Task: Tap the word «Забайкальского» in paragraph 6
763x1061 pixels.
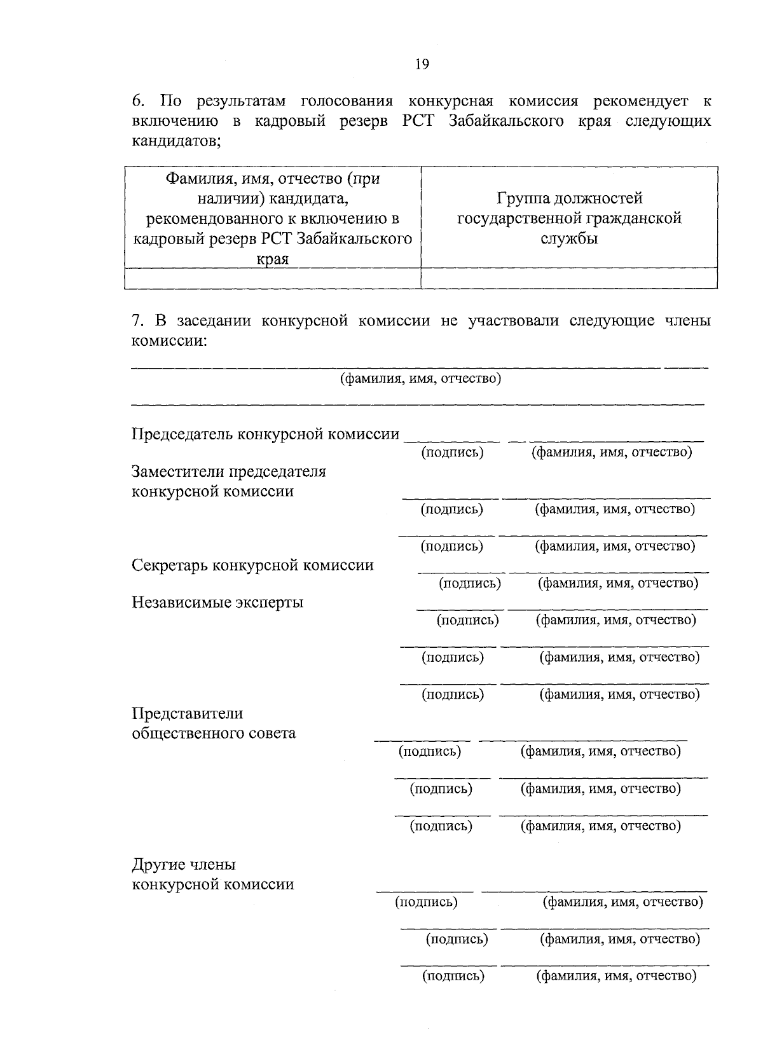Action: coord(506,121)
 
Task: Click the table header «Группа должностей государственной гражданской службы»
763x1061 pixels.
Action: coord(569,219)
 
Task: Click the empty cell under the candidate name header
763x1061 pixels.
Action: coord(272,278)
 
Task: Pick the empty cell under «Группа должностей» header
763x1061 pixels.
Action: coord(569,278)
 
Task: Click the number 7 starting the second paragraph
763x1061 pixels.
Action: coord(136,320)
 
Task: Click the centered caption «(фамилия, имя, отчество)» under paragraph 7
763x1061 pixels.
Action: coord(420,379)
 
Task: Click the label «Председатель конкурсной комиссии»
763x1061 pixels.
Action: coord(265,434)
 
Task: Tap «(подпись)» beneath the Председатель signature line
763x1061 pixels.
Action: coord(452,453)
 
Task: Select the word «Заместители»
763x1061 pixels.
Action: coord(176,472)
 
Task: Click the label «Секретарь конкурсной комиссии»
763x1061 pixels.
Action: coord(252,565)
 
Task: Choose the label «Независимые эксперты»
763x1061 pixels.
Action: coord(217,602)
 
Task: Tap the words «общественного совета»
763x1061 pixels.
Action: coord(214,733)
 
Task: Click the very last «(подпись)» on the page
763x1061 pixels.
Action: coord(453,976)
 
